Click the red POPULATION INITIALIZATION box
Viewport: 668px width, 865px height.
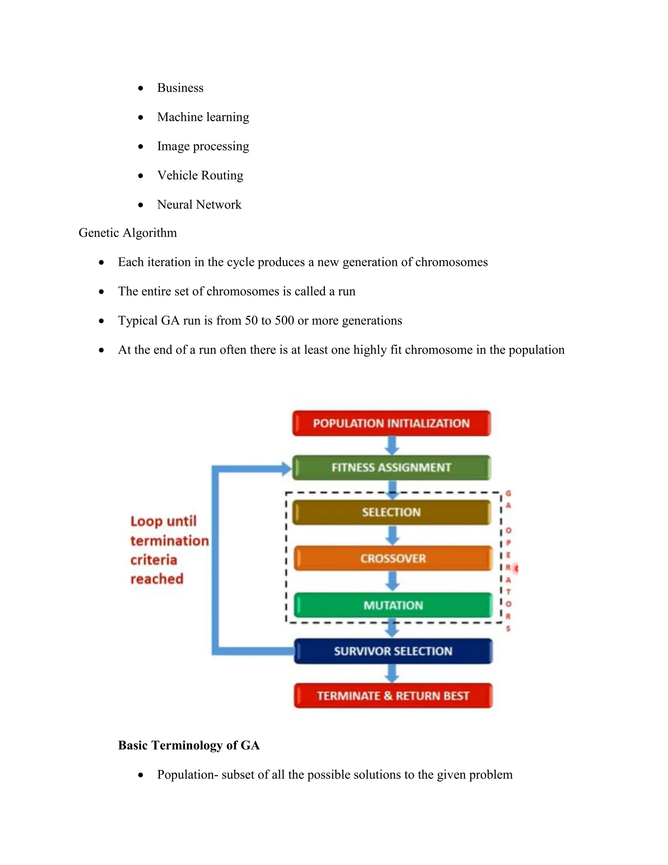[x=391, y=423]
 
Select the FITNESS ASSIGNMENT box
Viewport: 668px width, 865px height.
[x=391, y=467]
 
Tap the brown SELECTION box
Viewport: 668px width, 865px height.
[x=391, y=512]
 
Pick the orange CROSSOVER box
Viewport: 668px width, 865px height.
[x=393, y=558]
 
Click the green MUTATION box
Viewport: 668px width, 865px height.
[x=393, y=605]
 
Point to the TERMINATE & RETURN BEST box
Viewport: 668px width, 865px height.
[x=393, y=696]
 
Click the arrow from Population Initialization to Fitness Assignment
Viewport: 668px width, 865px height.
[x=392, y=446]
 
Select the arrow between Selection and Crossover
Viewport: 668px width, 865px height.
[x=392, y=535]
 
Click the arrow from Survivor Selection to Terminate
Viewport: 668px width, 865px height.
[x=392, y=673]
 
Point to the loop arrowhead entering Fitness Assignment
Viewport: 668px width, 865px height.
[x=286, y=468]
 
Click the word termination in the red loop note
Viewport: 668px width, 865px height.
[x=169, y=541]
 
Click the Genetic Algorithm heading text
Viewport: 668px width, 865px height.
[x=128, y=232]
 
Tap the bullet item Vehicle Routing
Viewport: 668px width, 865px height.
[x=200, y=175]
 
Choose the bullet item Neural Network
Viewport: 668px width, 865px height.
[x=199, y=204]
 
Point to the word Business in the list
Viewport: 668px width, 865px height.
[x=180, y=87]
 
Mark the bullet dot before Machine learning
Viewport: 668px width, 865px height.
[x=141, y=117]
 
